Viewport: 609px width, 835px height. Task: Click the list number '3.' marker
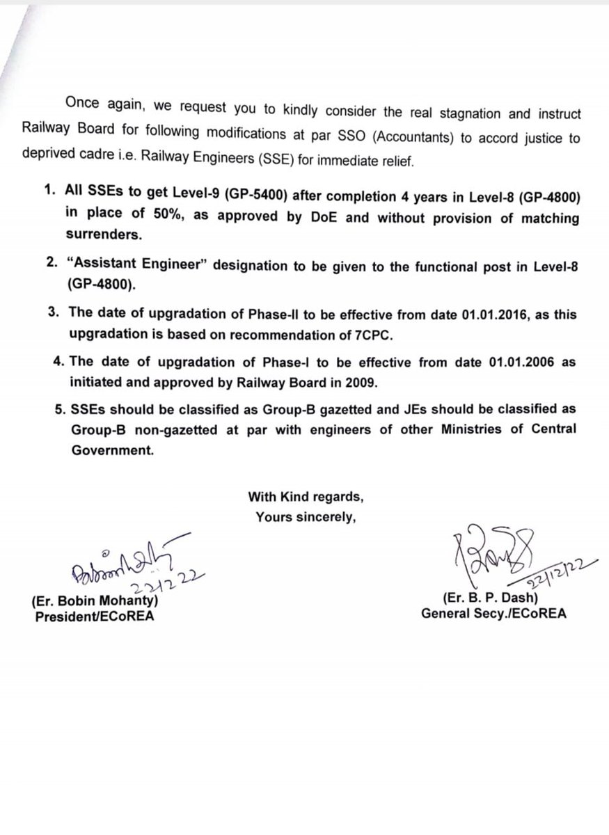click(x=53, y=315)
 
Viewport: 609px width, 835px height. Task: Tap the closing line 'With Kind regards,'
click(x=306, y=497)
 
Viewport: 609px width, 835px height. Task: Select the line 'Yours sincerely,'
click(x=306, y=516)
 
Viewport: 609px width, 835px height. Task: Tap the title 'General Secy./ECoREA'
click(x=493, y=614)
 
